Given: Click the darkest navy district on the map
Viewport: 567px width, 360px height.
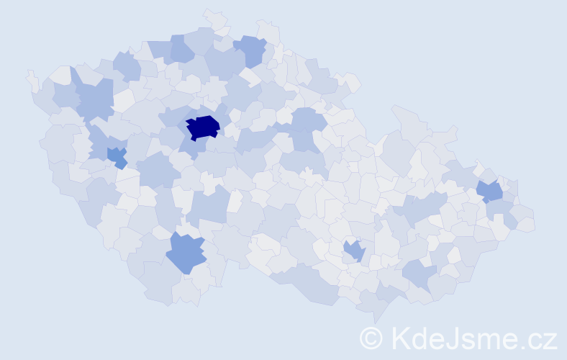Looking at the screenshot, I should pyautogui.click(x=202, y=127).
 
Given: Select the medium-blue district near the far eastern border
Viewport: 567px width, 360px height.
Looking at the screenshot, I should pyautogui.click(x=491, y=192).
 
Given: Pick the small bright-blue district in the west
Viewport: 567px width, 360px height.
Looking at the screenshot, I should pyautogui.click(x=117, y=156).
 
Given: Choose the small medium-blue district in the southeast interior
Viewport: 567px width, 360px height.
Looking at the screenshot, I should pyautogui.click(x=355, y=251).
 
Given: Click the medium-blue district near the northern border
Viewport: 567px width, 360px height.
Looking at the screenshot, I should pyautogui.click(x=252, y=50).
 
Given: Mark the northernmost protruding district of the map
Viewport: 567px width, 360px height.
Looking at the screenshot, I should pyautogui.click(x=214, y=16).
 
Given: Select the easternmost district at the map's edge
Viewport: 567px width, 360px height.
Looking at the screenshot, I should pyautogui.click(x=526, y=223).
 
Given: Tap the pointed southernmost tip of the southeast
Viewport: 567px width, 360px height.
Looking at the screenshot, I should pyautogui.click(x=375, y=317).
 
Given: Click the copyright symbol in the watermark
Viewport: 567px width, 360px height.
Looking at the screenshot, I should pyautogui.click(x=371, y=338).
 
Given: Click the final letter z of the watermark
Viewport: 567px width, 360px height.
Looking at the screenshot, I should pyautogui.click(x=550, y=341).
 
